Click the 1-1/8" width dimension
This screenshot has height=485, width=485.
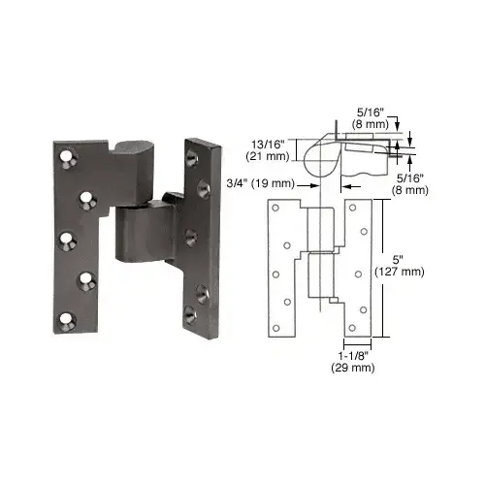pos(344,358)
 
